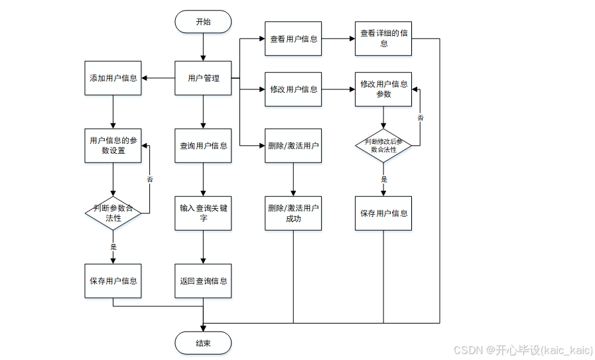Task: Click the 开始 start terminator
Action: point(203,22)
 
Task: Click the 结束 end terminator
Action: point(203,343)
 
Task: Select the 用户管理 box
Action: point(203,78)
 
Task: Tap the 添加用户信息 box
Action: point(113,78)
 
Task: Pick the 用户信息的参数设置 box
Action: point(113,145)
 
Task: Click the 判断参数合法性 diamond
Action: point(113,213)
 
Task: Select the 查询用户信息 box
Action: point(203,145)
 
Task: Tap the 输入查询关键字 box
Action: point(203,213)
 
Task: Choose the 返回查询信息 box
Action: point(203,280)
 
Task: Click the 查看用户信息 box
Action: point(293,39)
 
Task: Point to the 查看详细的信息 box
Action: point(383,39)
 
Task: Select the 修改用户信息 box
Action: point(293,90)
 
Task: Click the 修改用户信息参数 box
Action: point(383,90)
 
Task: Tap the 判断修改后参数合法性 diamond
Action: point(383,145)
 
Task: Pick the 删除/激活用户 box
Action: point(293,145)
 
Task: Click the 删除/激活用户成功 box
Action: point(293,213)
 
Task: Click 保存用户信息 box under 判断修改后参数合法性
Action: point(383,213)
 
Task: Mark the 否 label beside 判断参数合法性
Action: point(149,179)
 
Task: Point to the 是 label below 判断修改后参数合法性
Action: point(383,179)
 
